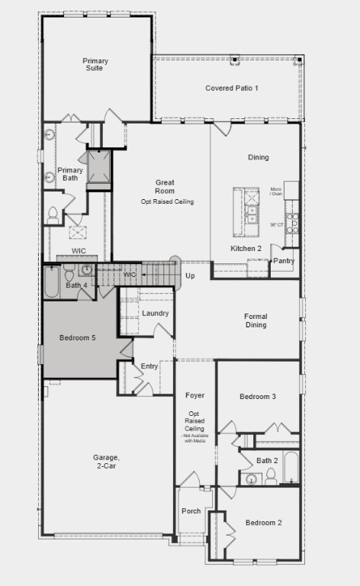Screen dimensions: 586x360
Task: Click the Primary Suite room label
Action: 95,65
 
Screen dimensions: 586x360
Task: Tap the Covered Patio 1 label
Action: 232,89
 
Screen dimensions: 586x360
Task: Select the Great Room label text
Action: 166,187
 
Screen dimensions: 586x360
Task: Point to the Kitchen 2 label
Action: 246,249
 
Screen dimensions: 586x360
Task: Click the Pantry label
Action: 284,261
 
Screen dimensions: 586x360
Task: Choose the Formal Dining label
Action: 256,320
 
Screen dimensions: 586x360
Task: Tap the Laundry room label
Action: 156,314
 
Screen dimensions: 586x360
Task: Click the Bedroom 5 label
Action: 78,337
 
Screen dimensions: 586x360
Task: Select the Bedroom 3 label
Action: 258,397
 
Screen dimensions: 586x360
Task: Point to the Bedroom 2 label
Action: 264,523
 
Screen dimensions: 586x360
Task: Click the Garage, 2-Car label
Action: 107,462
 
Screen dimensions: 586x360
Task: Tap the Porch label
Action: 191,511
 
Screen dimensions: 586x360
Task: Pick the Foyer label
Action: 194,395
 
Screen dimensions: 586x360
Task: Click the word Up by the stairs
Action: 189,275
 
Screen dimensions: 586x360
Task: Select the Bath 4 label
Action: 77,285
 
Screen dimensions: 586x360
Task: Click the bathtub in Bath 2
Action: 291,467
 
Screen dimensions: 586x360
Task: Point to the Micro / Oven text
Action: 276,192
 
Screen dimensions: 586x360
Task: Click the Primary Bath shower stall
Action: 99,168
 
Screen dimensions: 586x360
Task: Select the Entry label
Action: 149,367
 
